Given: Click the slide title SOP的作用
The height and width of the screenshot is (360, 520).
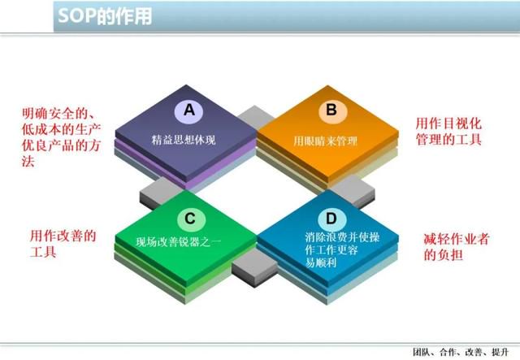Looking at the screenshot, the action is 105,15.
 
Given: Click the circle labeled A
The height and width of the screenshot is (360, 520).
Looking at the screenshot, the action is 189,110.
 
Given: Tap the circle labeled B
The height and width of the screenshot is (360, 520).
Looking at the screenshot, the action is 332,110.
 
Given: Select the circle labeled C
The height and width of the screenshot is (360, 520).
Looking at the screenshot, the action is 191,219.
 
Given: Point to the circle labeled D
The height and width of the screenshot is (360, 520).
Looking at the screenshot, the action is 332,219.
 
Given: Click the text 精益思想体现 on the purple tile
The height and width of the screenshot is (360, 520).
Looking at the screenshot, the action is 184,140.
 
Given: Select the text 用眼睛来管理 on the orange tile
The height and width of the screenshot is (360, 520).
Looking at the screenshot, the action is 325,141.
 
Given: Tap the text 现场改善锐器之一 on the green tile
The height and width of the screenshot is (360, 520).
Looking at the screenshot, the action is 178,241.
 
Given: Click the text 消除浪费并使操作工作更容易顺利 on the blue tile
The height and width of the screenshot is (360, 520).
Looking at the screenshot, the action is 342,249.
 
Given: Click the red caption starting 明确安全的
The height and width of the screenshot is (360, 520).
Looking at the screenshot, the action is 62,137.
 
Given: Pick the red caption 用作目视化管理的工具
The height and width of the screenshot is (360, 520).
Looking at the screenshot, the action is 448,132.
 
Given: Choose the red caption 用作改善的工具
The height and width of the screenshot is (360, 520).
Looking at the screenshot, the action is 63,244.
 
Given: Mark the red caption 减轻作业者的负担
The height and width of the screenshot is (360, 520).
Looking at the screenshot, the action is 456,246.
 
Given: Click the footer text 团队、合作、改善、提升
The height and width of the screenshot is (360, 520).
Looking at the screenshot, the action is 461,352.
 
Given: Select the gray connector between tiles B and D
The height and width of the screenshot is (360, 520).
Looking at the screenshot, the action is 354,193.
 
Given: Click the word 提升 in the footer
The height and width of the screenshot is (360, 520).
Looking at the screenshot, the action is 500,352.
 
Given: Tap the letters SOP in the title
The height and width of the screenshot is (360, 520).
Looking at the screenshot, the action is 76,15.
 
